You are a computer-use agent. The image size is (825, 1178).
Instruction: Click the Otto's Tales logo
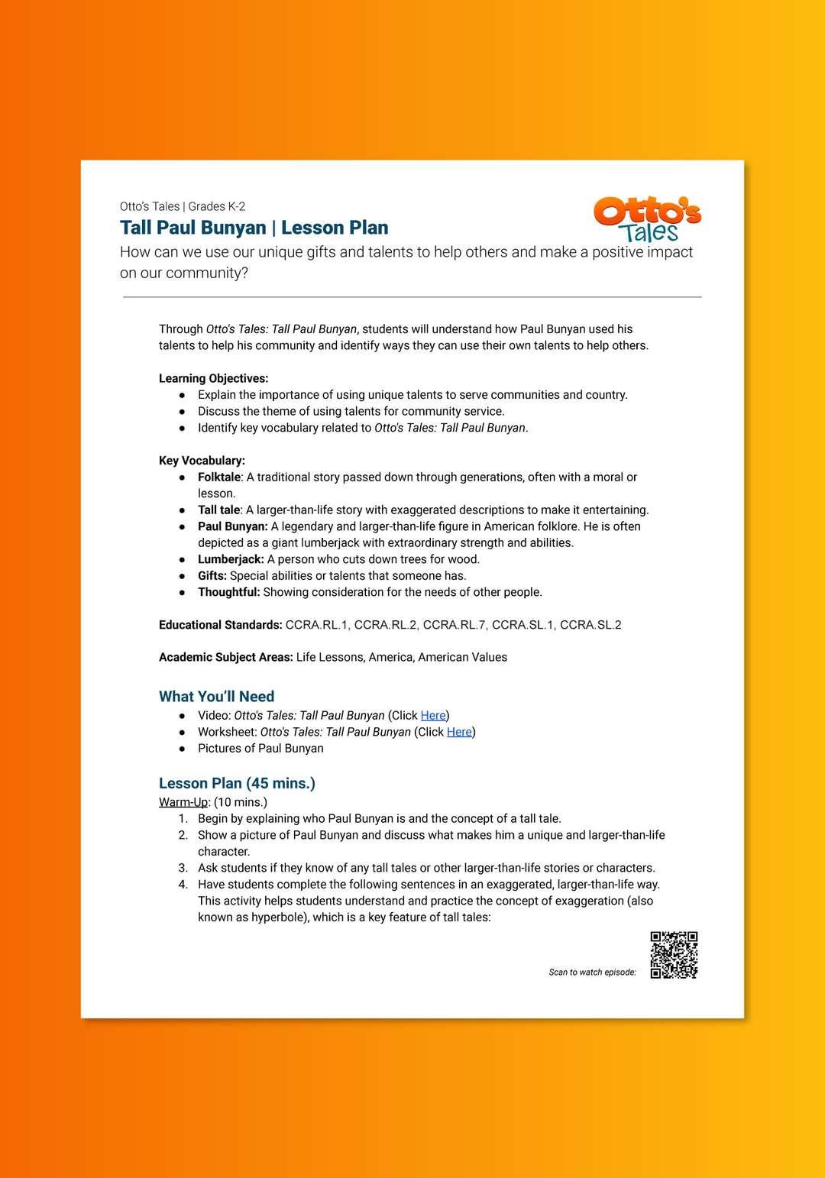click(x=647, y=219)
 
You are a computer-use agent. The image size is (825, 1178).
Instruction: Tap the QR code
click(x=674, y=955)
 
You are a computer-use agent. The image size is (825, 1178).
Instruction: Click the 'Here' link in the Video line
click(x=433, y=715)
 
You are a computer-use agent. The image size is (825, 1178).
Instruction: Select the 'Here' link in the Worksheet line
click(x=459, y=732)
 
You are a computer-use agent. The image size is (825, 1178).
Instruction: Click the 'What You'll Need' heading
click(x=216, y=696)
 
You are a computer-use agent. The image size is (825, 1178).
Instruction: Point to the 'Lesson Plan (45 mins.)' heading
click(x=237, y=783)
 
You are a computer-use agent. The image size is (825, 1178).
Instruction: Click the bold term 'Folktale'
click(x=219, y=477)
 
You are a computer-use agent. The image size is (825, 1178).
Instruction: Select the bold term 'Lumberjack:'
click(x=231, y=559)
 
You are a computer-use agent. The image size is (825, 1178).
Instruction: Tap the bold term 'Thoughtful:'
click(x=228, y=592)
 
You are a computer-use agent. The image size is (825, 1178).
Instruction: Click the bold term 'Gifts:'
click(x=212, y=575)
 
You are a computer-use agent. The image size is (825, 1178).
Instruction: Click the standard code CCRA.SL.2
click(x=590, y=625)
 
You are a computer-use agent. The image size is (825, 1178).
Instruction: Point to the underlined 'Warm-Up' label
click(x=183, y=802)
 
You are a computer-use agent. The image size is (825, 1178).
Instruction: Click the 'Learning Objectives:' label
click(x=213, y=378)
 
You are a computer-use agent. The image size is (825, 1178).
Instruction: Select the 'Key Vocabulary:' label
click(x=202, y=461)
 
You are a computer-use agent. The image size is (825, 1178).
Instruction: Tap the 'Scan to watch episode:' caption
click(x=592, y=972)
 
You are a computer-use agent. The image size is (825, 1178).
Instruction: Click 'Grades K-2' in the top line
click(x=217, y=206)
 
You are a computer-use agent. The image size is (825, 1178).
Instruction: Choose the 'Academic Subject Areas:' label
click(x=225, y=657)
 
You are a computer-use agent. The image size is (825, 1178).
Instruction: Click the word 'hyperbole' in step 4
click(x=279, y=917)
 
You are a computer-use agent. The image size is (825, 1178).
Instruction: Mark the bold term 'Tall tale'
click(x=219, y=510)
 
